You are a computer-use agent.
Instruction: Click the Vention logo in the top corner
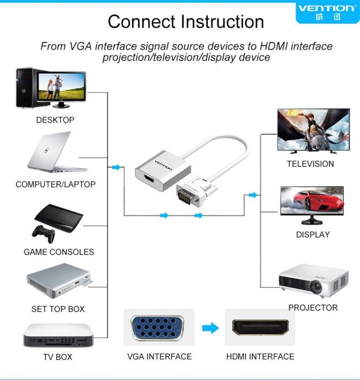(327, 12)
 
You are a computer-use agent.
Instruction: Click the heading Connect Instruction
(186, 22)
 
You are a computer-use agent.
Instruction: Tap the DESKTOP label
(55, 120)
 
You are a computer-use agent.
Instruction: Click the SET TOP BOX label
(58, 309)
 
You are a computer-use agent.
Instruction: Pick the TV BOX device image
(59, 336)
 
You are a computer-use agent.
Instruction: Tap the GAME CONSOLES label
(59, 252)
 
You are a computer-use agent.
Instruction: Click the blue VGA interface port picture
(158, 329)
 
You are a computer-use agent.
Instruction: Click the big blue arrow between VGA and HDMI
(210, 328)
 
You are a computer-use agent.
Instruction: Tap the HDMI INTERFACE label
(260, 357)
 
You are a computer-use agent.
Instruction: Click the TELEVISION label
(310, 164)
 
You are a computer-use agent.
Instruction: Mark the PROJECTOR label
(313, 308)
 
